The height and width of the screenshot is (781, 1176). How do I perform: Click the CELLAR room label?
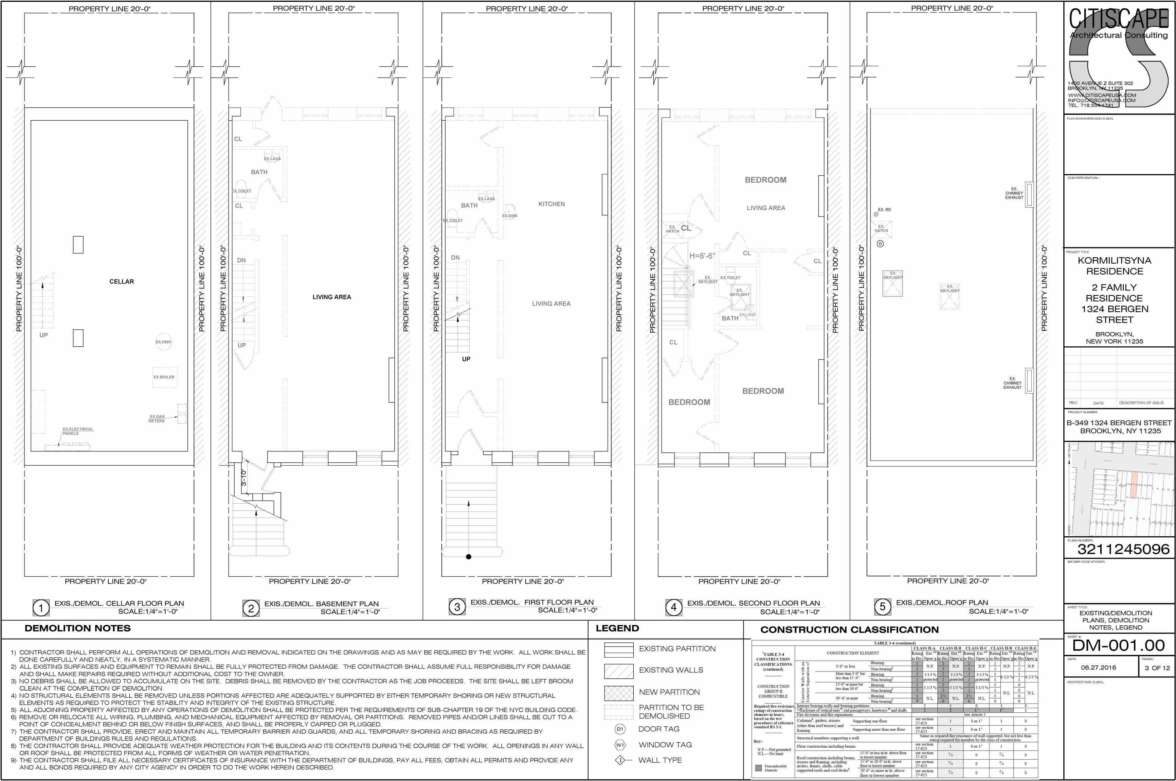[122, 281]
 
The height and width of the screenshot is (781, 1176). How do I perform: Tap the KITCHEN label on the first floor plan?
[551, 204]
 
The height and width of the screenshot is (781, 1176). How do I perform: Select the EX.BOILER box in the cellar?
[164, 377]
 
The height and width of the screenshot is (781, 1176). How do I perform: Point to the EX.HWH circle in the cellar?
[163, 342]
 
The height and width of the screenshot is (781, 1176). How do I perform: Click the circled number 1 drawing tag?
[41, 608]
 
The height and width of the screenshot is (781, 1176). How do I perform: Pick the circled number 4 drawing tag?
[674, 607]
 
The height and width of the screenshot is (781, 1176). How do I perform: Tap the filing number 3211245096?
[1123, 549]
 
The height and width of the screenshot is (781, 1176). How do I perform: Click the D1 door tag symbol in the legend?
[620, 729]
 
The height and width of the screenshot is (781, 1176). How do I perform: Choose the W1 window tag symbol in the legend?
[620, 745]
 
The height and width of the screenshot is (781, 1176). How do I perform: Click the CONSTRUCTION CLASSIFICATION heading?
[849, 629]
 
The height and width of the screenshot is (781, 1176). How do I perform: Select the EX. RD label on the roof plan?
[884, 210]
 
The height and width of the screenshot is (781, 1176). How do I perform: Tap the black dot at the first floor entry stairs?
[468, 557]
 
